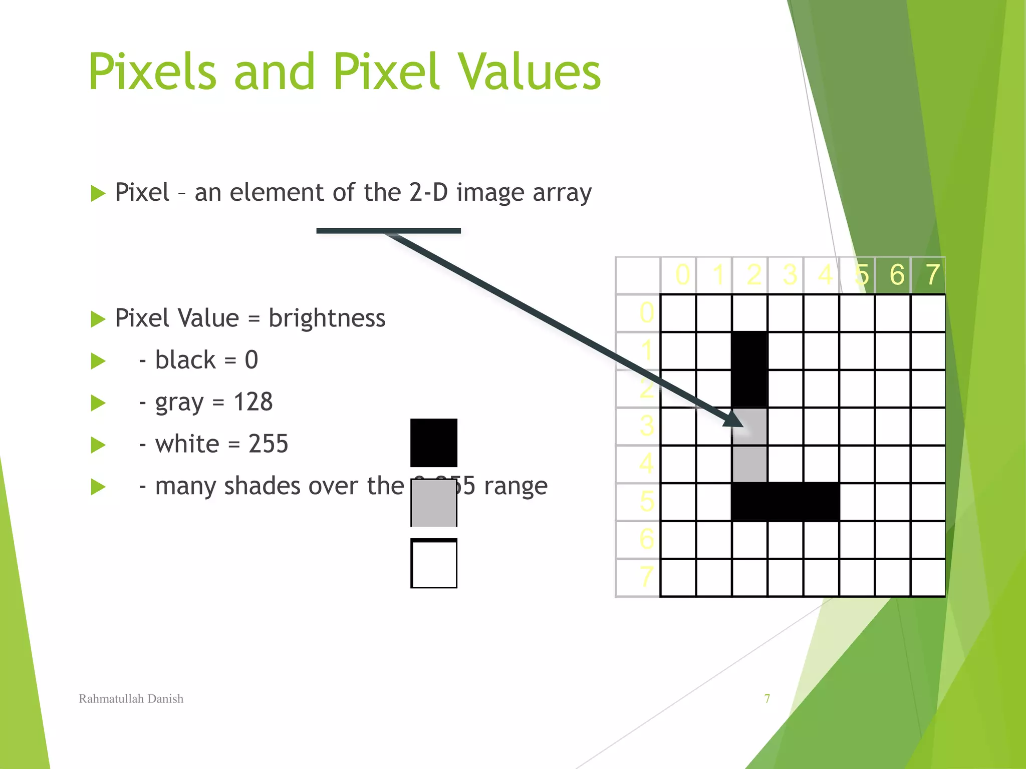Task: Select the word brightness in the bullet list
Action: point(327,318)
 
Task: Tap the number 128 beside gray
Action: point(253,402)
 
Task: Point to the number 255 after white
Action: point(269,444)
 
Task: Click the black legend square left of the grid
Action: point(434,443)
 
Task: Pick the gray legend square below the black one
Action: point(434,503)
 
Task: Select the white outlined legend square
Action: point(434,563)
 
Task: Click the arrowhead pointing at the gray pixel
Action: point(733,420)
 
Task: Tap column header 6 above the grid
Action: point(897,275)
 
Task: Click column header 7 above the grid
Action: point(932,275)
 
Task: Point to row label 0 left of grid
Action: point(647,312)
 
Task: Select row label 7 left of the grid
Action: point(647,577)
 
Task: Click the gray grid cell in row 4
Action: point(749,464)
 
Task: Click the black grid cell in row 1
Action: point(749,350)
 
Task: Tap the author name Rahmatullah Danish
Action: point(131,699)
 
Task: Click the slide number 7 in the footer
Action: point(767,699)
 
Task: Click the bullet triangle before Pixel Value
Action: point(98,319)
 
